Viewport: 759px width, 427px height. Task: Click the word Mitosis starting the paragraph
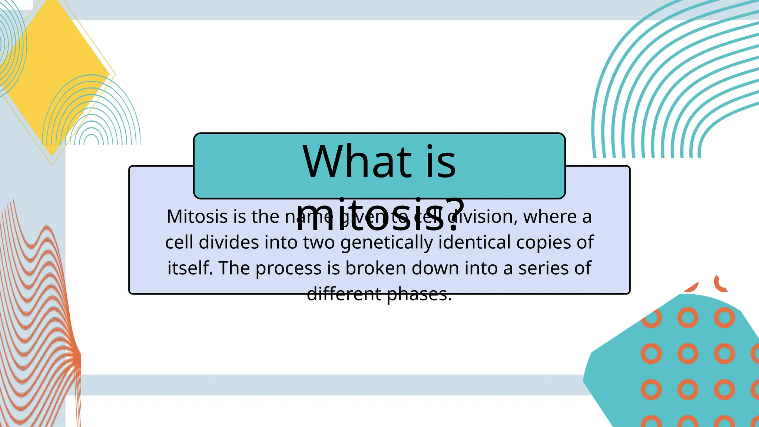click(197, 216)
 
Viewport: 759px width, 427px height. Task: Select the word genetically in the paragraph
click(387, 243)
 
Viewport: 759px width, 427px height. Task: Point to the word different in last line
click(344, 294)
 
